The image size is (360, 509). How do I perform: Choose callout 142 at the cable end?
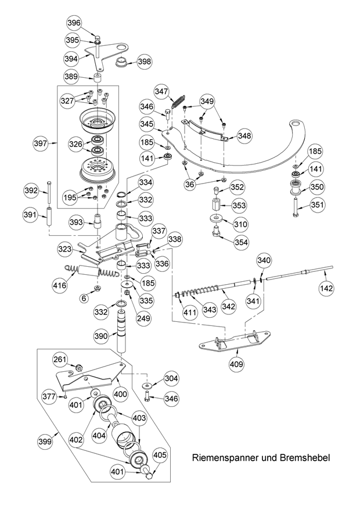tap(329, 288)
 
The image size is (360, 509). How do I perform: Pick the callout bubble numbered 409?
tap(236, 364)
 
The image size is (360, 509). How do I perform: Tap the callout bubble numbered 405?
tap(160, 456)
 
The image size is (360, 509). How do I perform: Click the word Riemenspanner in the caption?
tap(225, 458)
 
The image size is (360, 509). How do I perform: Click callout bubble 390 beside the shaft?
tap(101, 336)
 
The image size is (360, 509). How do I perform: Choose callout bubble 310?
tap(240, 223)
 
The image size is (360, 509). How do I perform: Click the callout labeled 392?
tap(31, 190)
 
